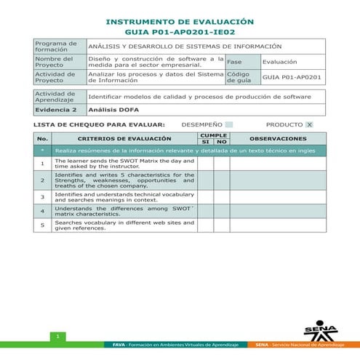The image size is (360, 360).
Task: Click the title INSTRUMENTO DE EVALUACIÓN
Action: coord(180,23)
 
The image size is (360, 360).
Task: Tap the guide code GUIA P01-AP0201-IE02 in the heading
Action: coord(180,33)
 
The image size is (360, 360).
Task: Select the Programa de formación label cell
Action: coord(60,47)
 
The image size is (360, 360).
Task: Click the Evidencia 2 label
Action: coord(55,109)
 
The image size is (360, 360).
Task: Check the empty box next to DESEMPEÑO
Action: coord(229,124)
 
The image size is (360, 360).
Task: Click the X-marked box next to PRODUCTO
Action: coord(309,124)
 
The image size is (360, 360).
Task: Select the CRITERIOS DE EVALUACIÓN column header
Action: coord(124,138)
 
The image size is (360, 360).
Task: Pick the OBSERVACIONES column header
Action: coord(278,138)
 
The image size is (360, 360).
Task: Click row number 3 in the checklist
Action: coord(42,196)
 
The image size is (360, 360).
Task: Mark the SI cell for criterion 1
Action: coord(205,164)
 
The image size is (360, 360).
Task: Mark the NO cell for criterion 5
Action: coord(221,225)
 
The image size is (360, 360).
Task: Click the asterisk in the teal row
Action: coord(42,151)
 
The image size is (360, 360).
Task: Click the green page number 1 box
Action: coord(57,336)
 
